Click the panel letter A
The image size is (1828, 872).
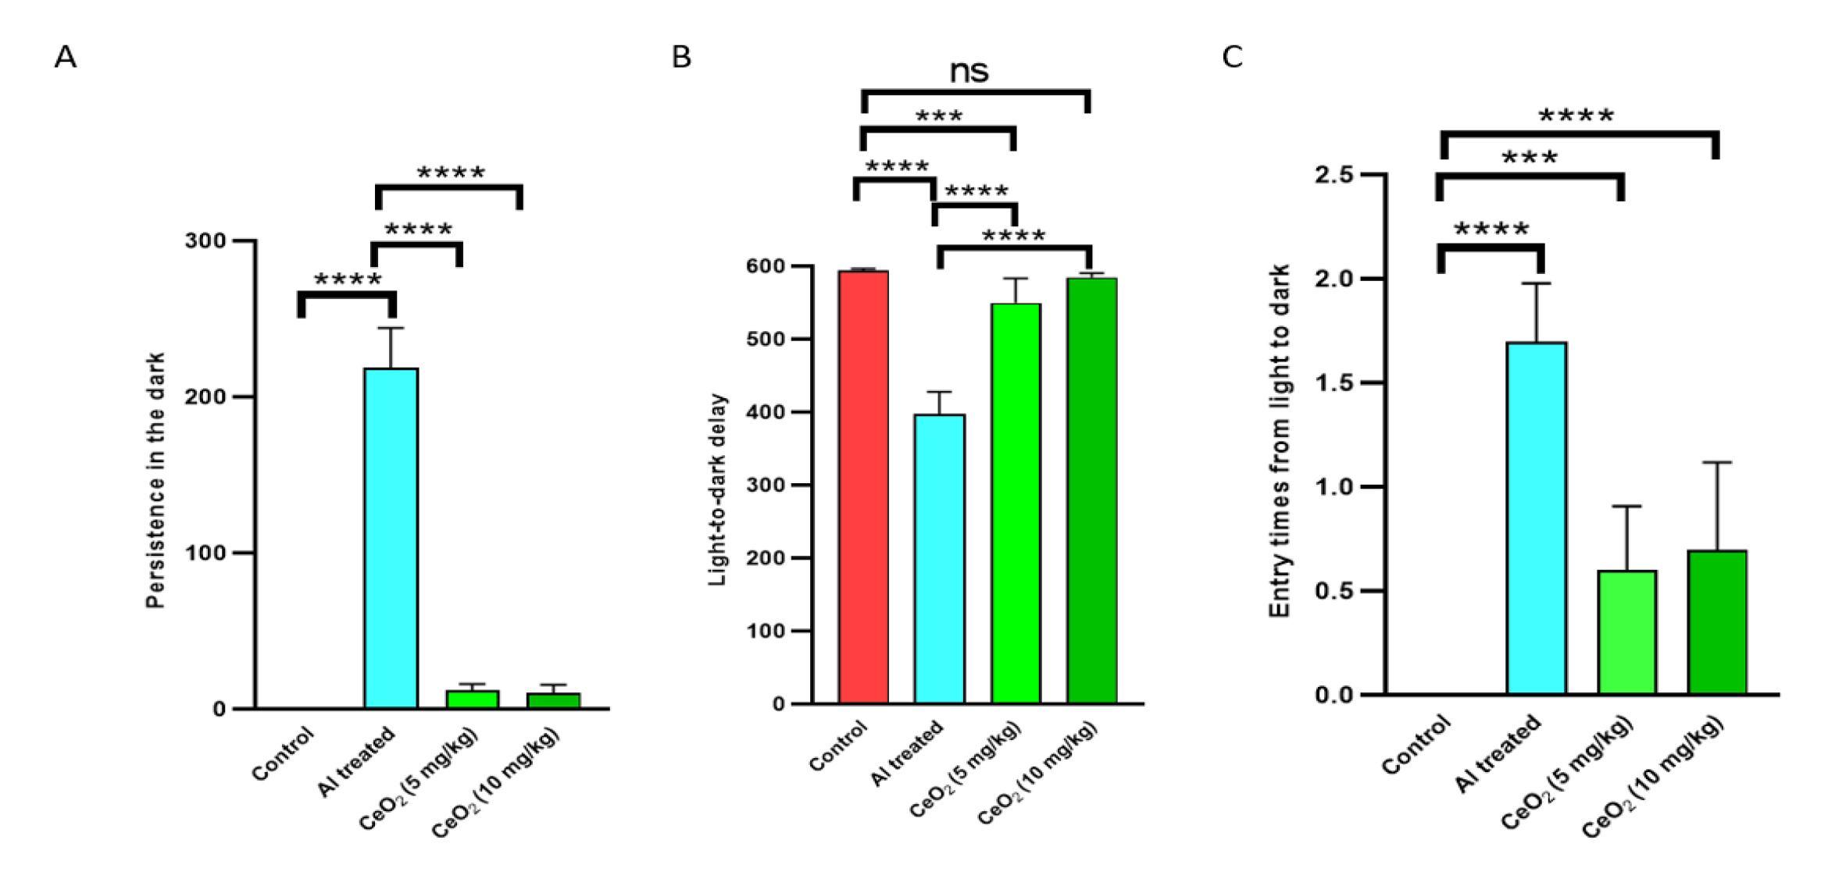(66, 57)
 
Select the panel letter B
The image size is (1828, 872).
(681, 57)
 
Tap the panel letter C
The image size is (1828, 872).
(1232, 57)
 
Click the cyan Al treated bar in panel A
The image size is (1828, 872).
(391, 538)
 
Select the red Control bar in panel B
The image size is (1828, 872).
(863, 487)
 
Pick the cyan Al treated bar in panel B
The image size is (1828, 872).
(939, 559)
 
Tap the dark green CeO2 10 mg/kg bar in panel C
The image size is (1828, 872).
(1717, 622)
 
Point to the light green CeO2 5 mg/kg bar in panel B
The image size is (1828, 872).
(1016, 504)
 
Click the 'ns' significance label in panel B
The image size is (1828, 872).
(969, 72)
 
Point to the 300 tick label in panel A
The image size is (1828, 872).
(205, 240)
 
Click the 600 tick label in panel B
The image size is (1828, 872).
(766, 266)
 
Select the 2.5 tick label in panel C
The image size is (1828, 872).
(1334, 174)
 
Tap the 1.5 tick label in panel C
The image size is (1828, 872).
(1334, 383)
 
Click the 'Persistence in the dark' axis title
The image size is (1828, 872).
(155, 480)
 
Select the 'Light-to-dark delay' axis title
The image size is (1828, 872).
(717, 489)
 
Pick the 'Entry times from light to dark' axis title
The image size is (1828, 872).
(1279, 441)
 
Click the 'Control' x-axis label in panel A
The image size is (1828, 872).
(283, 753)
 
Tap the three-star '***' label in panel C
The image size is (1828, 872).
(1530, 158)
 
